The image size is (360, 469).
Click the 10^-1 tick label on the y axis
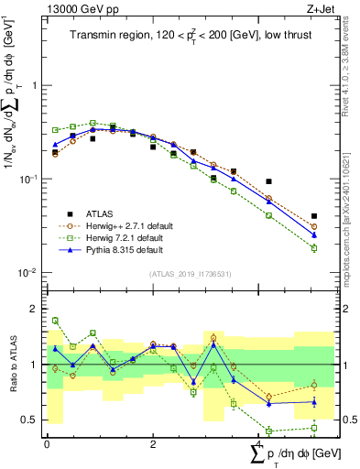[30, 179]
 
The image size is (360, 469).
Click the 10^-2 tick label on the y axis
[30, 273]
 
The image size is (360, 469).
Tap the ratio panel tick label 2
[36, 310]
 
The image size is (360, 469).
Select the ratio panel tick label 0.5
[32, 420]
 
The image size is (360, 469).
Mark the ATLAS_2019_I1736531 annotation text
[190, 274]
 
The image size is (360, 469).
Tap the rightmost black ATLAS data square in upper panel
[314, 216]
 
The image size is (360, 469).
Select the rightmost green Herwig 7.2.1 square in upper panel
[314, 248]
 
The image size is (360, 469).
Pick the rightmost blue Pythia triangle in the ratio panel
[314, 401]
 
